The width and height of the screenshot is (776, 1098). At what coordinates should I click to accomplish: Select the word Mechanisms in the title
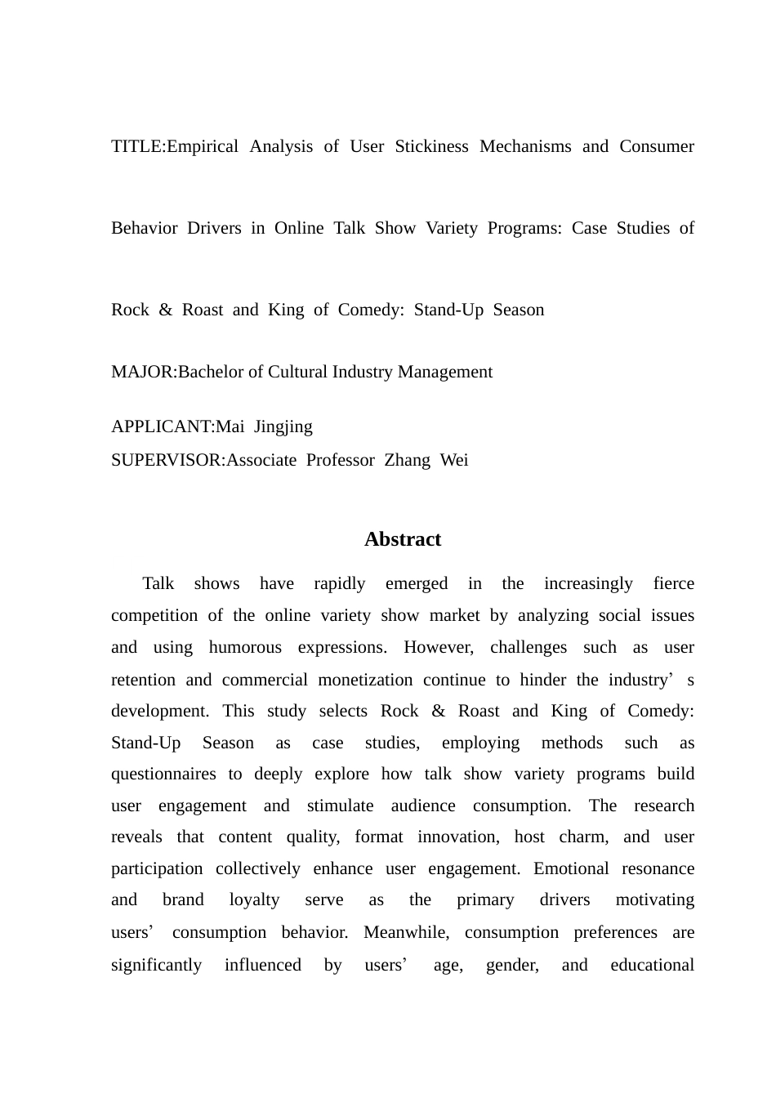pos(525,147)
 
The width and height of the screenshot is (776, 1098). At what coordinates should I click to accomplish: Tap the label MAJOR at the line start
pos(142,373)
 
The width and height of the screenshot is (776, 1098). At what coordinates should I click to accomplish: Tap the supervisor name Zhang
pos(407,461)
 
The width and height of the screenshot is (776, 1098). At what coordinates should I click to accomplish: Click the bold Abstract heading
pos(403,540)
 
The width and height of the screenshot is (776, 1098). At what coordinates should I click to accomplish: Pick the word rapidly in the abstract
pos(340,584)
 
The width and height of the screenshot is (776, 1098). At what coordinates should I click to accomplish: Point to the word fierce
pos(673,584)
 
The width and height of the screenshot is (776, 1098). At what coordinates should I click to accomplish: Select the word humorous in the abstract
pos(245,648)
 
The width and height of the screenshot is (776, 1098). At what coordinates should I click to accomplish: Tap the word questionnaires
pos(163,774)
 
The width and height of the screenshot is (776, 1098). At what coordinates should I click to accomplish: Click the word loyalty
pos(254,900)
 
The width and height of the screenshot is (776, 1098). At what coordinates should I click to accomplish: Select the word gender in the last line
pos(512,966)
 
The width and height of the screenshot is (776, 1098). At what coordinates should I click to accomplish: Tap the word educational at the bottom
pos(652,966)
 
